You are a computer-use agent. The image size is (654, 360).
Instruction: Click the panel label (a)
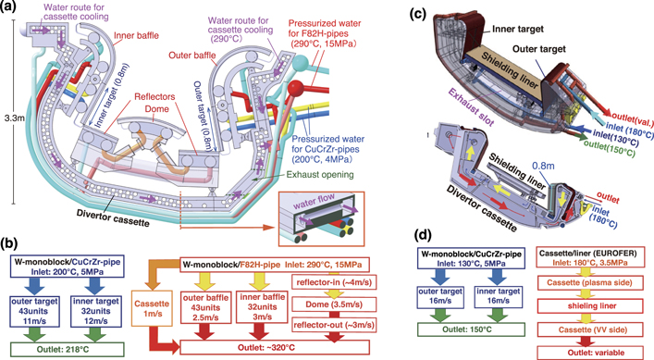tap(10, 7)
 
